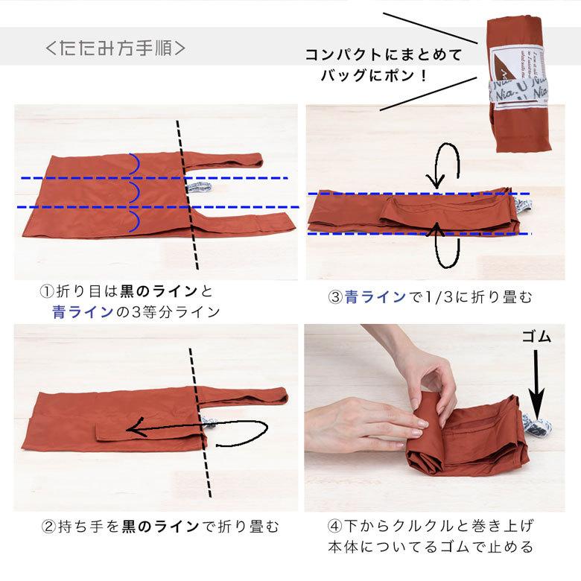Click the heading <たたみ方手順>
click(115, 48)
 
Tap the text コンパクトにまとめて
click(384, 55)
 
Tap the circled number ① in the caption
click(46, 291)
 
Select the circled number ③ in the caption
click(335, 297)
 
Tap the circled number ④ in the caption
click(335, 527)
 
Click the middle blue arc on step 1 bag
click(135, 192)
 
